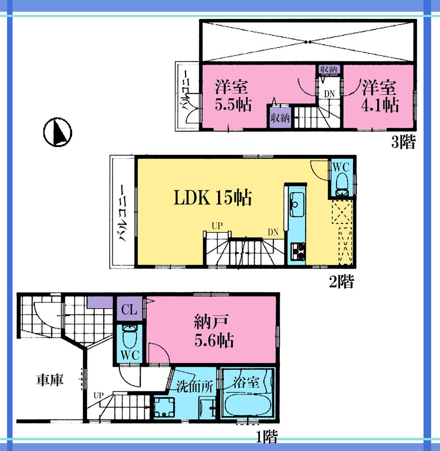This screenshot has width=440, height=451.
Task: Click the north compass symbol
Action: [x=58, y=133]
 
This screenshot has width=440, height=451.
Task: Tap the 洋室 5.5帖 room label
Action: [x=232, y=95]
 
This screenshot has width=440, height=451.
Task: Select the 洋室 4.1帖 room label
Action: [x=380, y=95]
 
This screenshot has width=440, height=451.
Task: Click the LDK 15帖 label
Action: [x=213, y=198]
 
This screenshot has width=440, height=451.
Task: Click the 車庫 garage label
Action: [x=50, y=380]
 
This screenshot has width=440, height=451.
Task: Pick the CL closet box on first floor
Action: [x=130, y=310]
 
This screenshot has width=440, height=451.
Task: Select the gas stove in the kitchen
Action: [x=298, y=252]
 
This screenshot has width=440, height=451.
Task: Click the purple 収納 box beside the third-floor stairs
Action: [x=279, y=118]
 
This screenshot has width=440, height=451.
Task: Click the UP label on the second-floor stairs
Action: [x=216, y=225]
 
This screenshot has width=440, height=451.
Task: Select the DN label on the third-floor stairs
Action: [x=330, y=94]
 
